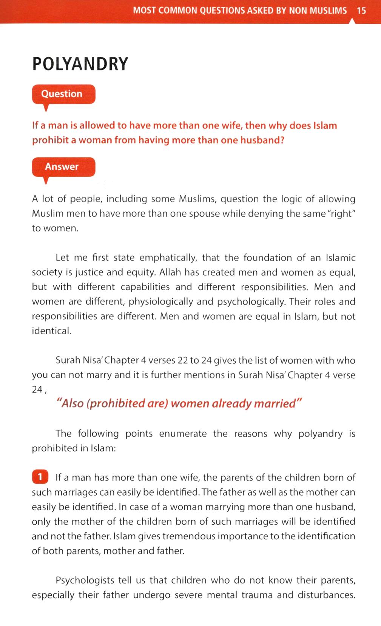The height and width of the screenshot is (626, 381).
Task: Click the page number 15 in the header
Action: tap(361, 11)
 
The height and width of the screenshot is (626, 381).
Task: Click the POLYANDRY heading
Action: tap(80, 64)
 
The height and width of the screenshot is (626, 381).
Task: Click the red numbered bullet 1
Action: tap(40, 478)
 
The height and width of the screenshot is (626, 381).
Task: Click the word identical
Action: tap(51, 331)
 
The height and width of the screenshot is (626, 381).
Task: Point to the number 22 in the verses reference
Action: tap(183, 361)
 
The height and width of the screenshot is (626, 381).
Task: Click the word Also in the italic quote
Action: tap(70, 404)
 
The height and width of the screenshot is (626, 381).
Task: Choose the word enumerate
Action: tap(183, 434)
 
